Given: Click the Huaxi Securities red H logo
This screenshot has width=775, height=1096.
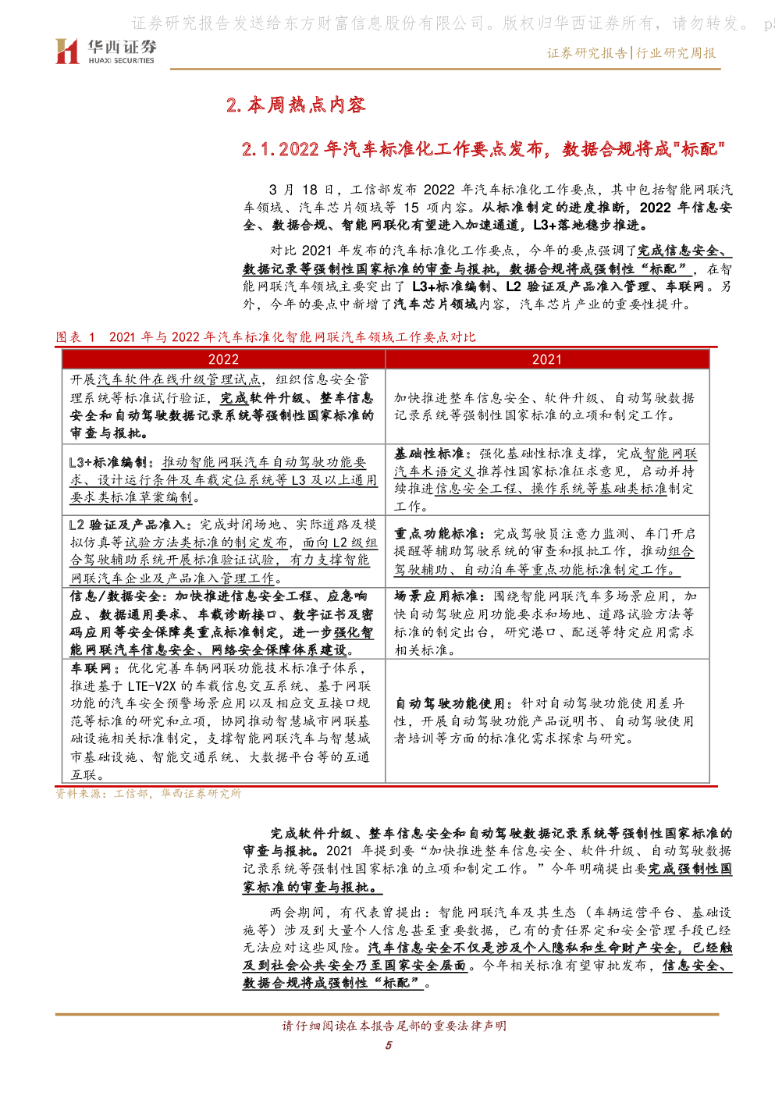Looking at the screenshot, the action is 67,51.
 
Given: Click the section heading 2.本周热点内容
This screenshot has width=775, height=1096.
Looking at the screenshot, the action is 296,105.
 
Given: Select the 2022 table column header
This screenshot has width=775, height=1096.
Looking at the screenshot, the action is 223,359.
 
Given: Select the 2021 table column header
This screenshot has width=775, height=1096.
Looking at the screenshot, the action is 547,359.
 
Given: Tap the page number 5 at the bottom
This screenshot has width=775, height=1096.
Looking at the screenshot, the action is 388,1045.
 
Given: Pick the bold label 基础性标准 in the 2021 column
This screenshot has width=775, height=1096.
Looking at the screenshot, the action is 429,454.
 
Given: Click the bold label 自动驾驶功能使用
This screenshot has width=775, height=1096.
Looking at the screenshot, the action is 450,703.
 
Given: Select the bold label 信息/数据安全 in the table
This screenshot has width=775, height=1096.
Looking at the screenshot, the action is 115,596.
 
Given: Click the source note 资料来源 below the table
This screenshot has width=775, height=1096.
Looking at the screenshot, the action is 148,794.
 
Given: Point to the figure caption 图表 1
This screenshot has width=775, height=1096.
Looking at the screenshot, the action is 75,336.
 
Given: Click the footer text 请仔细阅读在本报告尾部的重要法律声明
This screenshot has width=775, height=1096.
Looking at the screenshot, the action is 394,1026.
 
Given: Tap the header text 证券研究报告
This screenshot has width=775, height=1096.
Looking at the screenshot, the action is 587,53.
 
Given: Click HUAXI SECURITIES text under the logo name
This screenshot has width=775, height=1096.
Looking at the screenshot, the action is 121,61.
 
